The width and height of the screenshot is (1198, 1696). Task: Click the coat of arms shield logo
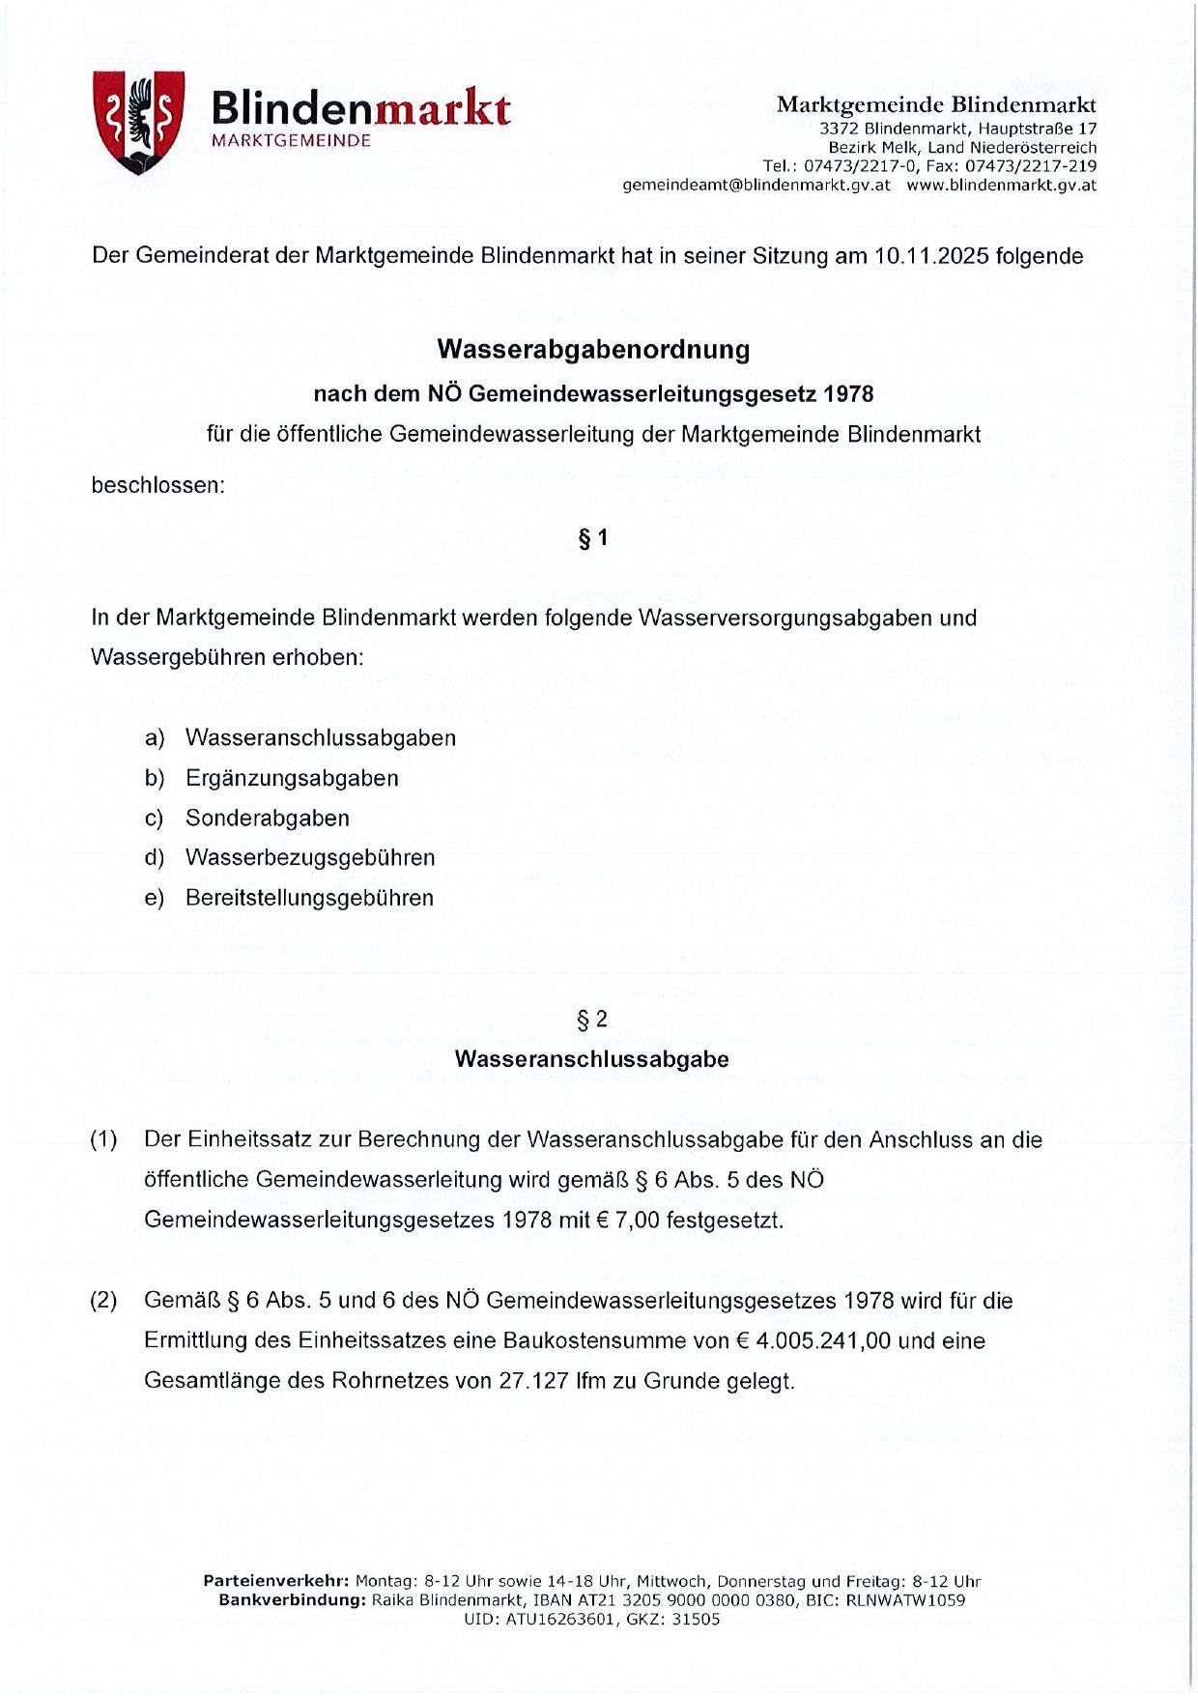point(138,121)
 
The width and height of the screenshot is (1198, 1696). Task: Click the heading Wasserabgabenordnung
point(593,349)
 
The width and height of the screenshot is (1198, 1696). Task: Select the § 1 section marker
point(592,538)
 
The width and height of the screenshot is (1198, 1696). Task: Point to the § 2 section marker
point(591,1020)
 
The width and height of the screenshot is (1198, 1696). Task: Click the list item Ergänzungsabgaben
point(292,778)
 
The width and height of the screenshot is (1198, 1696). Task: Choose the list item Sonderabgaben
point(268,818)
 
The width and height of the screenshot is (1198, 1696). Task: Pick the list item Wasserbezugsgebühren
point(310,857)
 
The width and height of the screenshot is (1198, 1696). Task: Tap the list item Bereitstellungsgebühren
point(309,898)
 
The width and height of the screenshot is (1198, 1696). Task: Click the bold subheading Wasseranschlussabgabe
point(591,1059)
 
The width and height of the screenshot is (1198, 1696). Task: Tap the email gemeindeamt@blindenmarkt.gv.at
point(756,186)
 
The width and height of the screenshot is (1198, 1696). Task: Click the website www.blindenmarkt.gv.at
point(1001,186)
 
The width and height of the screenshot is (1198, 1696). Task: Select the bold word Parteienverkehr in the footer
point(275,1582)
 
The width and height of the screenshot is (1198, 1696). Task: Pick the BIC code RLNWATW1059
point(905,1600)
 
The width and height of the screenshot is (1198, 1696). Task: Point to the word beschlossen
point(157,485)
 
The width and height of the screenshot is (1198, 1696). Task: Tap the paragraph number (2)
point(104,1301)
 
